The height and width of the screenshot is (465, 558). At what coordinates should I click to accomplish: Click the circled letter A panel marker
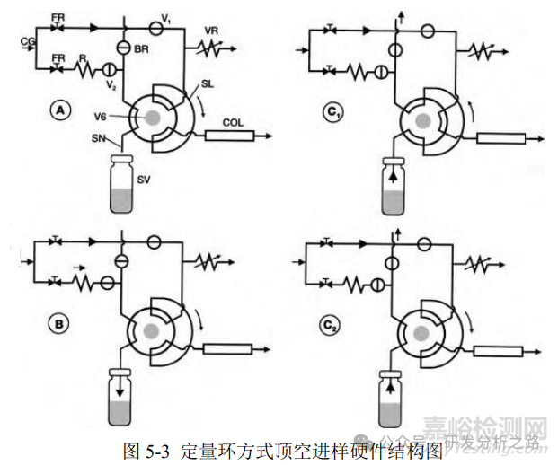pyautogui.click(x=59, y=111)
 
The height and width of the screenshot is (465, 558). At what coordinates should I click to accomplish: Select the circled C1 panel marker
pyautogui.click(x=333, y=112)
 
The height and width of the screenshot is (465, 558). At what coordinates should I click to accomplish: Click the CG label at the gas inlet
pyautogui.click(x=27, y=40)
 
